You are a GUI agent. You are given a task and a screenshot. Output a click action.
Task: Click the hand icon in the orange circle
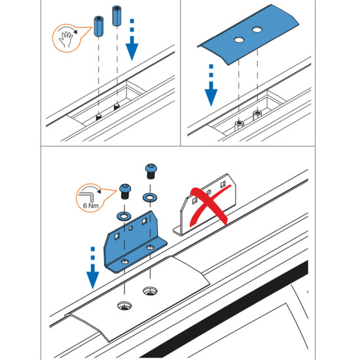[66, 39]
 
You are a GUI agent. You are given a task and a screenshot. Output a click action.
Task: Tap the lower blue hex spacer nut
[99, 26]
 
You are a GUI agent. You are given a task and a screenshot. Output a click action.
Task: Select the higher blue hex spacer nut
[117, 16]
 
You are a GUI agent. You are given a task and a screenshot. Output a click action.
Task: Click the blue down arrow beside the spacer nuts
[132, 40]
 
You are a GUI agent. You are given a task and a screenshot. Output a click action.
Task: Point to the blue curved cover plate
[248, 35]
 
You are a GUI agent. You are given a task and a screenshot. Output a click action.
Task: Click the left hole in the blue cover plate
[239, 40]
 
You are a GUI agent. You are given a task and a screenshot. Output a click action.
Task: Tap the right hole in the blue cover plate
[257, 29]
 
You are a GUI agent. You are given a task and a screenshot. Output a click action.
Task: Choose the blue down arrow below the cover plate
[211, 85]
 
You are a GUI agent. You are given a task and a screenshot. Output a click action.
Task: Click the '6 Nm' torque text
[91, 206]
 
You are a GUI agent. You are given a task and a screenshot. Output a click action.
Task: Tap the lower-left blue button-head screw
[125, 191]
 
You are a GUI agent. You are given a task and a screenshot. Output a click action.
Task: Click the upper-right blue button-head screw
[151, 171]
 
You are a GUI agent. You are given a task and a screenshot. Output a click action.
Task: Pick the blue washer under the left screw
[124, 216]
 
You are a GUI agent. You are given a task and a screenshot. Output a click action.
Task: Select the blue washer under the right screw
[150, 197]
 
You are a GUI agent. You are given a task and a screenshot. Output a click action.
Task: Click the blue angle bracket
[135, 242]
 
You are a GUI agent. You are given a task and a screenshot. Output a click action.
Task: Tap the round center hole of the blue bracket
[131, 228]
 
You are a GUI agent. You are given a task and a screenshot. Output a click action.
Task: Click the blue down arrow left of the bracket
[93, 268]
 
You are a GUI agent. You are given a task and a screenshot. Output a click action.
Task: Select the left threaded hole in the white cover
[124, 306]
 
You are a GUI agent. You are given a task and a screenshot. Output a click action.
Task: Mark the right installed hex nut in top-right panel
[257, 115]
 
